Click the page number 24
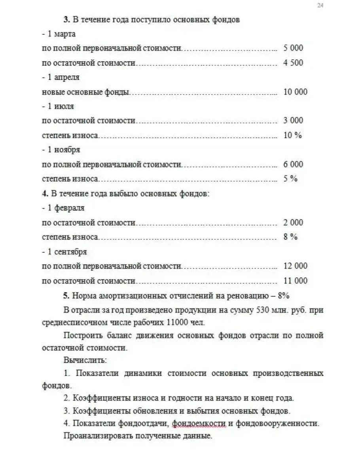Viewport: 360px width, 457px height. [320, 5]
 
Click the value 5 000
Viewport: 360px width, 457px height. [293, 48]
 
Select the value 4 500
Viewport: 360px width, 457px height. [293, 63]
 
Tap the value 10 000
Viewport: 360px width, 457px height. [295, 92]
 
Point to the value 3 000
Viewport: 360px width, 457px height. [293, 120]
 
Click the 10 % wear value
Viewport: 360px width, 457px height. [293, 135]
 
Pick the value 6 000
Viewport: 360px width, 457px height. [293, 164]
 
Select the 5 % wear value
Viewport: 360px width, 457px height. [290, 178]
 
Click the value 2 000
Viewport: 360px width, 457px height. [293, 222]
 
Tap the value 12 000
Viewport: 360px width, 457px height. [295, 266]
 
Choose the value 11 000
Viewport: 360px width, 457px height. [295, 281]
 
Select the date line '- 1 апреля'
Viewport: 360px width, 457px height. [61, 78]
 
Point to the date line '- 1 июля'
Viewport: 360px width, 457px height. [58, 106]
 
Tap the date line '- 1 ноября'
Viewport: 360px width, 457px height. [61, 150]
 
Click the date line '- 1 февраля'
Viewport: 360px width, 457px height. [63, 208]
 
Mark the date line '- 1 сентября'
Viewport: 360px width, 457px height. [64, 252]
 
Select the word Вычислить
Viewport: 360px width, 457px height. [84, 361]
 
